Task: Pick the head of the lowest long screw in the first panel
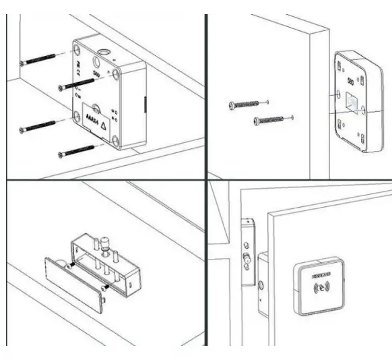(61, 154)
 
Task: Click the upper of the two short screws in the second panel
(232, 105)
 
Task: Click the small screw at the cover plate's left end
(69, 267)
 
